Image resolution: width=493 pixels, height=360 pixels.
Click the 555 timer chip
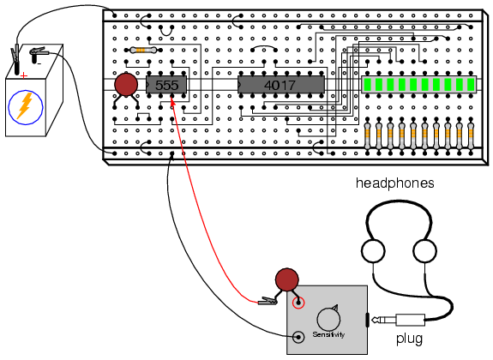tap(166, 85)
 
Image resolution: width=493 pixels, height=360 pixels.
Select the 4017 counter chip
tap(281, 85)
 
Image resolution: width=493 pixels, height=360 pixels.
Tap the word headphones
tap(395, 183)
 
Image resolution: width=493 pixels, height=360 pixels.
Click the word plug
tap(409, 339)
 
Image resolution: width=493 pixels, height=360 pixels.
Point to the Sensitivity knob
tap(328, 319)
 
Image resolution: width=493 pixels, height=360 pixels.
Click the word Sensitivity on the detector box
tap(328, 334)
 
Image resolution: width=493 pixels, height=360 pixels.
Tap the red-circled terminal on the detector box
tap(298, 303)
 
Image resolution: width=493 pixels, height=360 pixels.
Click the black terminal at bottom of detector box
tap(298, 338)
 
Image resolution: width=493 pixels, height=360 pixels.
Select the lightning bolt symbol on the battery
tap(25, 105)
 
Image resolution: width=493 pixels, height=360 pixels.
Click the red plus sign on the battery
tap(24, 75)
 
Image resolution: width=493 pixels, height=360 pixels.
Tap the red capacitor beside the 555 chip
tap(126, 85)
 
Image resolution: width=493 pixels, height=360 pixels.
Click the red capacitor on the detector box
tap(286, 279)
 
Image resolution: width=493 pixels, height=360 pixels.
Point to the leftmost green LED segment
tap(367, 85)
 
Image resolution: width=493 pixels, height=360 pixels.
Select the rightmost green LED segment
tap(471, 85)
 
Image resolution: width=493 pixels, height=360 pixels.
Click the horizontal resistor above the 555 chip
tap(143, 50)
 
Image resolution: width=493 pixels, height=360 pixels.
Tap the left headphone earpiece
tap(373, 251)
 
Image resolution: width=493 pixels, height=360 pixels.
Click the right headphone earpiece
tap(424, 251)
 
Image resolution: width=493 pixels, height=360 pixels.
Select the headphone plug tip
tap(375, 320)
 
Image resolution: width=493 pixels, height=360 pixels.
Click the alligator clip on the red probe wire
tap(268, 302)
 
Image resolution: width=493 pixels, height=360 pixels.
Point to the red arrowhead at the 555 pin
tap(172, 101)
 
